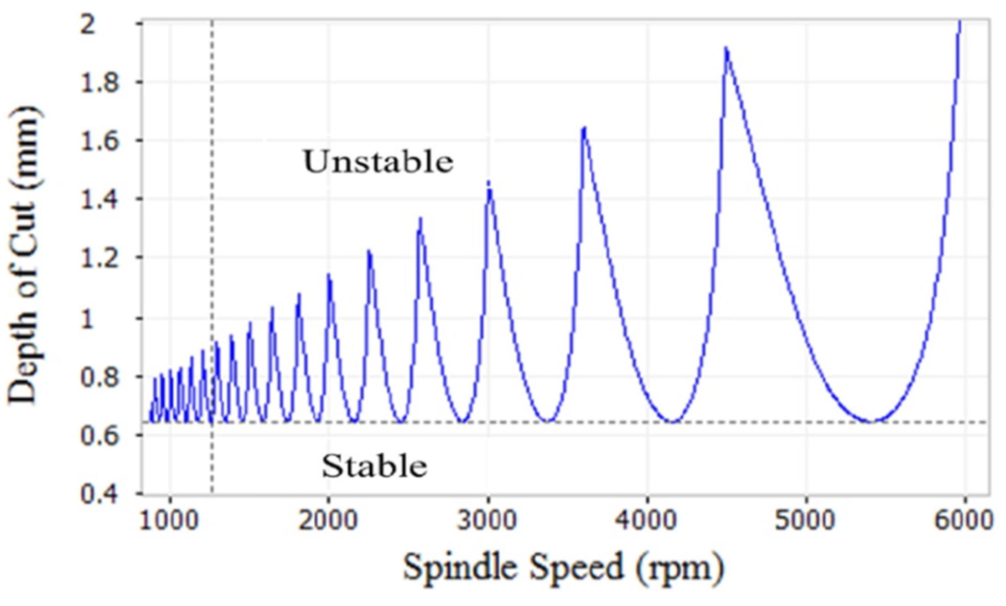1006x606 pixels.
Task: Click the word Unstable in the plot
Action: pyautogui.click(x=378, y=162)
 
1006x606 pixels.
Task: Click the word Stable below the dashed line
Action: pyautogui.click(x=374, y=466)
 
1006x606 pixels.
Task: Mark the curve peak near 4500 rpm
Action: pyautogui.click(x=726, y=48)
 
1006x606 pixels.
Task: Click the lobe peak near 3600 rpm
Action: pyautogui.click(x=584, y=128)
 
